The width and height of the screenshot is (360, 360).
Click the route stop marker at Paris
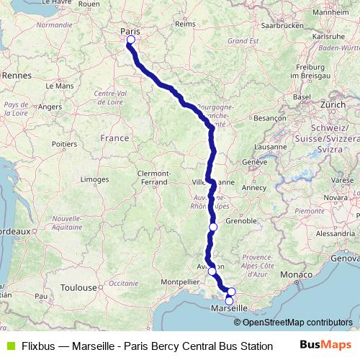coord(130,40)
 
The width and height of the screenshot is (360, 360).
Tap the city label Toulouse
coord(78,287)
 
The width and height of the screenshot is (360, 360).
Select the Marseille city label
coord(229,308)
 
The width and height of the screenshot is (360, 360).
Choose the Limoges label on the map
coord(94,179)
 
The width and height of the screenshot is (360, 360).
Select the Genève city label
coord(255,163)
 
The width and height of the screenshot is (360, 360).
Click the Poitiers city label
coord(64,144)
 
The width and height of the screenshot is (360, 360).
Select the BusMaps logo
coord(325,346)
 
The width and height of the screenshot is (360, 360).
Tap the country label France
coord(114,138)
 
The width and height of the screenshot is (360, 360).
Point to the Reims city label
coord(185,24)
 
